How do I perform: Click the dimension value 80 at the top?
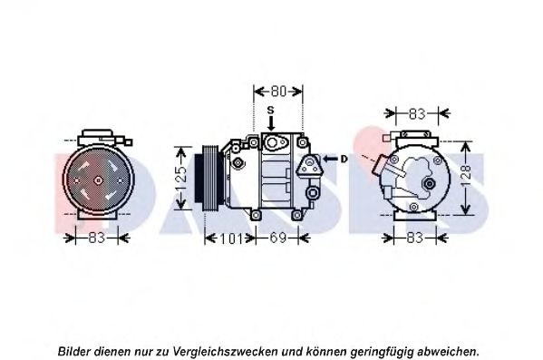click(278, 92)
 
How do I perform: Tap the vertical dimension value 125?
click(181, 179)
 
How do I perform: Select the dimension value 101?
click(230, 238)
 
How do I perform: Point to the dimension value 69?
click(277, 238)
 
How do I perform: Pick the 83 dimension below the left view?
click(97, 238)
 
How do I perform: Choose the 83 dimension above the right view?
click(417, 113)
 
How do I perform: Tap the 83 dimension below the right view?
click(414, 238)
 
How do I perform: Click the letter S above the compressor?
click(270, 111)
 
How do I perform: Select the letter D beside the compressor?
click(344, 159)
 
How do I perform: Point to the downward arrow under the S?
click(271, 123)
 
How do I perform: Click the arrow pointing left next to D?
click(330, 159)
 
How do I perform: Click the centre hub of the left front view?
click(98, 180)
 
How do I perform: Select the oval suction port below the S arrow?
click(275, 142)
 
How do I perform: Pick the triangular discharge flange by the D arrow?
click(308, 165)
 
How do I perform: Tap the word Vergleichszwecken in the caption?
click(225, 351)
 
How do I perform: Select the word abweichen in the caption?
click(447, 351)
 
